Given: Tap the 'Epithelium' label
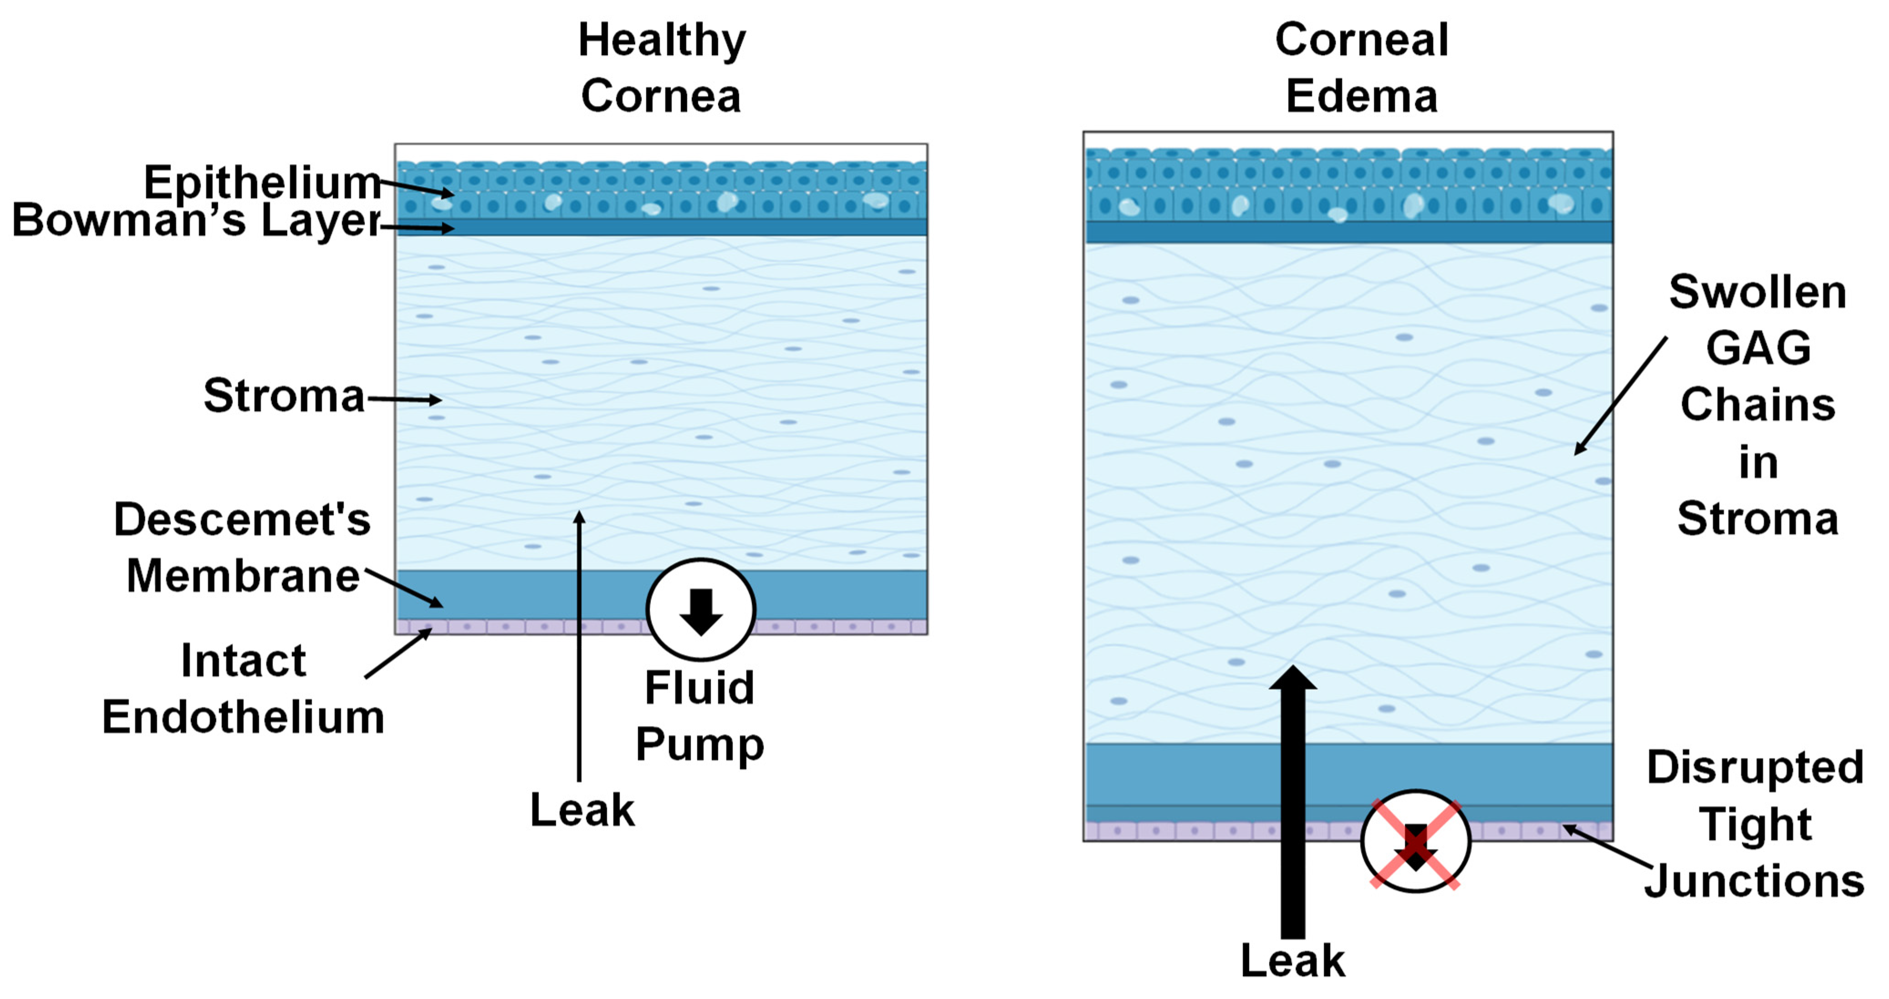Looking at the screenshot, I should click(x=262, y=182).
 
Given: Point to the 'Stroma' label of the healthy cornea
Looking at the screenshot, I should click(x=284, y=396).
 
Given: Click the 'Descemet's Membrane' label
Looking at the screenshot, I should click(x=242, y=548).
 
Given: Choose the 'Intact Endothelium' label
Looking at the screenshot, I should click(x=243, y=688).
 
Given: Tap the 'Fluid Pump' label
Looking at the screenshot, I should click(x=699, y=715).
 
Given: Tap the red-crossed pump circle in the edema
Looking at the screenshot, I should click(x=1415, y=842).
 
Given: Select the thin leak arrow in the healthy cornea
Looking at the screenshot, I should click(x=579, y=645).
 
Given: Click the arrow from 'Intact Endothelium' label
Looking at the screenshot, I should click(x=398, y=653).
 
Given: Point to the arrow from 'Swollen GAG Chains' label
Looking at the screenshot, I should click(x=1621, y=396).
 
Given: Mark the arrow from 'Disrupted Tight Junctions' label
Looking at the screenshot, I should click(x=1606, y=847).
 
